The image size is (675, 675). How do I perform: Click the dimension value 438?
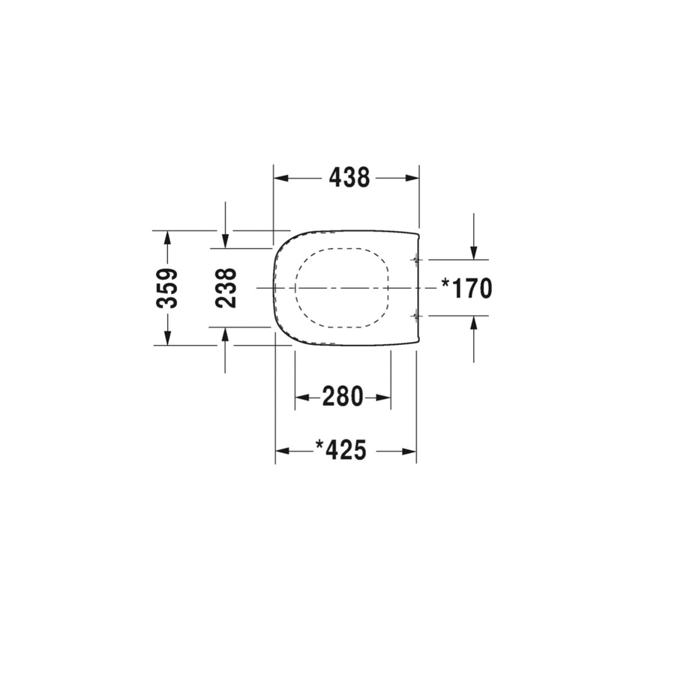[x=349, y=178]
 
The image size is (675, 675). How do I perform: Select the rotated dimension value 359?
[x=167, y=288]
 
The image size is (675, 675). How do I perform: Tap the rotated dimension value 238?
[x=226, y=288]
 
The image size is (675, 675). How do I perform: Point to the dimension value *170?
[x=466, y=288]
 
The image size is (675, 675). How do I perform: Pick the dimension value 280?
[x=343, y=397]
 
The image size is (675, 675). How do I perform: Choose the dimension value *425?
[x=341, y=451]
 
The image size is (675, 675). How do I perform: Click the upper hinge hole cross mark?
[x=416, y=259]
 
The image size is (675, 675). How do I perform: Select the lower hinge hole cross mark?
[x=416, y=316]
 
